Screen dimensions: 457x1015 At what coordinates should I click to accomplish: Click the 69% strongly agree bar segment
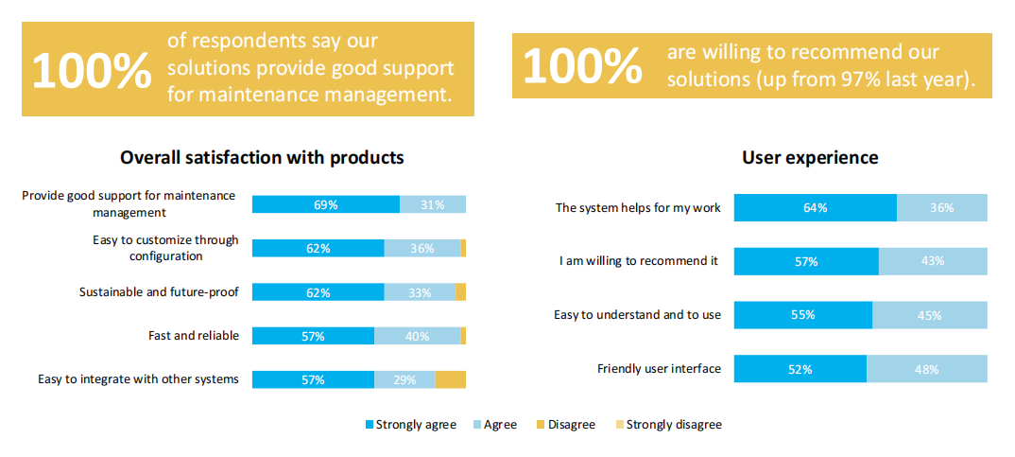point(325,204)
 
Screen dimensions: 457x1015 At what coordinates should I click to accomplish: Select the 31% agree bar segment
point(433,204)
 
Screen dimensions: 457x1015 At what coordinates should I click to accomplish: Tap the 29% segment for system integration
point(404,379)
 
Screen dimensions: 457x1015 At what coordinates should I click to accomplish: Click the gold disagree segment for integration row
point(451,379)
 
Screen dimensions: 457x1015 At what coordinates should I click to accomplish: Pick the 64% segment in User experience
point(815,208)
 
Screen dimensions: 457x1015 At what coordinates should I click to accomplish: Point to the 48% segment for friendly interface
point(927,369)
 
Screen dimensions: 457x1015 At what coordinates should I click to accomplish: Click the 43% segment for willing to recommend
point(933,261)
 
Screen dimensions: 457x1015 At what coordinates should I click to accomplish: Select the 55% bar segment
point(802,315)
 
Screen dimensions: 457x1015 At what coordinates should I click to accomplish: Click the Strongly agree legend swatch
point(370,425)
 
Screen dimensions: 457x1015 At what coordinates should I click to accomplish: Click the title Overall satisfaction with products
point(262,158)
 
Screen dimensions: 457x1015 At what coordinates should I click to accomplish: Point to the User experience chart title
point(810,158)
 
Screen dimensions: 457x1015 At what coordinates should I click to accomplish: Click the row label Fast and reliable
point(194,335)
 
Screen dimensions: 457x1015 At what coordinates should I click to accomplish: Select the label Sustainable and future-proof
point(159,291)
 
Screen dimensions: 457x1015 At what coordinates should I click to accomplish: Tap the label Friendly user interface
point(659,369)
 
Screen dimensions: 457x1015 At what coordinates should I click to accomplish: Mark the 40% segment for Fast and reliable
point(417,336)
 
